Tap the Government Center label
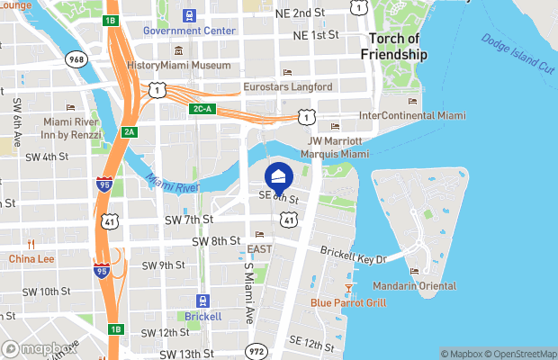(189, 31)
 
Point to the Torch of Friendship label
(394, 47)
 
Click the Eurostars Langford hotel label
(288, 87)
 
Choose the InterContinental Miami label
(412, 116)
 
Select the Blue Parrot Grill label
(348, 302)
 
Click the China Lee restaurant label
(31, 259)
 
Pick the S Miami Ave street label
(249, 288)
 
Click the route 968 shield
(75, 58)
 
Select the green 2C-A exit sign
(202, 109)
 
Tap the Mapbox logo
(35, 349)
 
